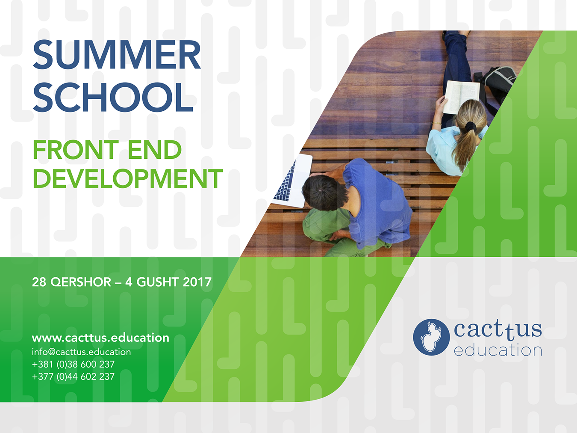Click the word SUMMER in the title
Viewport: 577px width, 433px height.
point(117,55)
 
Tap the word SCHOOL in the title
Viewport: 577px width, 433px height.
point(113,97)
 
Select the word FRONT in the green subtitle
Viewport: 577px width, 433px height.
point(76,149)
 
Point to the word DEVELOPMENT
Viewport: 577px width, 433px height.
point(128,178)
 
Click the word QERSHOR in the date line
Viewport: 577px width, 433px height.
point(81,282)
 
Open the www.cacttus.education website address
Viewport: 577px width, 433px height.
point(100,338)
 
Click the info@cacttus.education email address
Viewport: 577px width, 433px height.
point(81,352)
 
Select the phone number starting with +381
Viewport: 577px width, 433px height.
point(73,365)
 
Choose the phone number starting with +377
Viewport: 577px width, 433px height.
point(73,377)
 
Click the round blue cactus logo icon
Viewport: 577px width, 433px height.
point(431,337)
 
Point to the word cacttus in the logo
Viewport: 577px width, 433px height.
point(498,330)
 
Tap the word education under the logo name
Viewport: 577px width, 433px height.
point(498,350)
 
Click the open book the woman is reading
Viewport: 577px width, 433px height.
point(461,97)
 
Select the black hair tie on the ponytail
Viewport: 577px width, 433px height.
point(471,127)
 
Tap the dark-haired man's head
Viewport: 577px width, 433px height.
point(322,192)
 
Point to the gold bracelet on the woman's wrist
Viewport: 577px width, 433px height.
point(437,123)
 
